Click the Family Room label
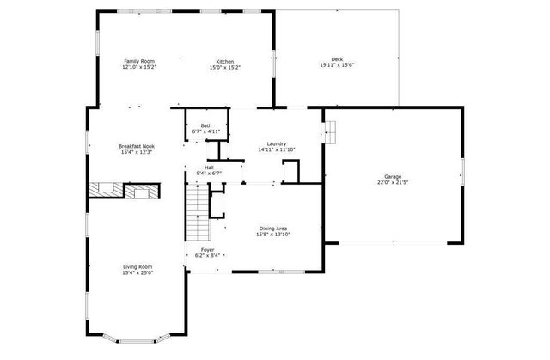138,61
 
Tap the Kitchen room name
225,61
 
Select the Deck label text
337,59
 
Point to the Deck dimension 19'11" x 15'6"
337,65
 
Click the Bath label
206,125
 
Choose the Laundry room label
277,143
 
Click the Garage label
393,177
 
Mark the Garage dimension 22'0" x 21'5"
393,183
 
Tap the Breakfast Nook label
137,147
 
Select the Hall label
209,167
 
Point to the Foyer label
209,249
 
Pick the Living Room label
138,267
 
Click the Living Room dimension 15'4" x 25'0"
138,273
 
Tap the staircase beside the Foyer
198,214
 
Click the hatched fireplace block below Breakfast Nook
107,188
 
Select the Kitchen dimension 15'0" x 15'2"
225,67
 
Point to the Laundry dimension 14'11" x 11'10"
277,149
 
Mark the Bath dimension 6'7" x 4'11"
206,131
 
